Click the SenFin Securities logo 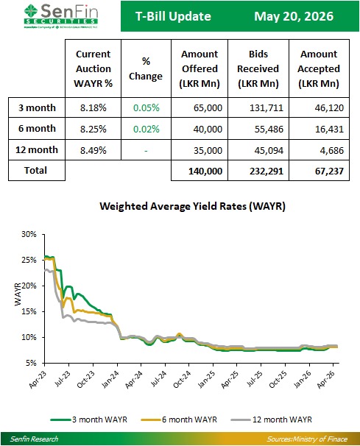pyautogui.click(x=61, y=16)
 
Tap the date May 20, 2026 pyautogui.click(x=294, y=16)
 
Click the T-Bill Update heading pyautogui.click(x=173, y=16)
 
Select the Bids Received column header pyautogui.click(x=258, y=68)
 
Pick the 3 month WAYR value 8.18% pyautogui.click(x=93, y=107)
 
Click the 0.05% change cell pyautogui.click(x=147, y=107)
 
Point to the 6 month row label pyautogui.click(x=37, y=129)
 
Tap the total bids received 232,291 pyautogui.click(x=267, y=171)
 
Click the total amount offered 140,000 pyautogui.click(x=205, y=171)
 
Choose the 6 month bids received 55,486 pyautogui.click(x=269, y=129)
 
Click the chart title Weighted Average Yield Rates pyautogui.click(x=192, y=206)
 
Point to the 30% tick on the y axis pyautogui.click(x=29, y=234)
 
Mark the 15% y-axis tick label pyautogui.click(x=29, y=311)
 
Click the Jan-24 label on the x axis pyautogui.click(x=110, y=380)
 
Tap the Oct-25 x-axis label pyautogui.click(x=278, y=380)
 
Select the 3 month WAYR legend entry pyautogui.click(x=89, y=420)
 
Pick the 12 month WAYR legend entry pyautogui.click(x=272, y=420)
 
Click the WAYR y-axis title pyautogui.click(x=18, y=294)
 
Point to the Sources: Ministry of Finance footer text pyautogui.click(x=307, y=439)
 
